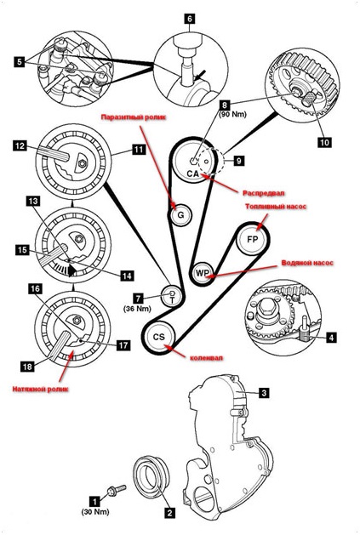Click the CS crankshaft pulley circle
point(159,337)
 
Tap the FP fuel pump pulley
point(253,239)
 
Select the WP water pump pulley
point(203,273)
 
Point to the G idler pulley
point(180,214)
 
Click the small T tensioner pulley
point(172,296)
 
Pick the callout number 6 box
point(190,19)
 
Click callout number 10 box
point(324,141)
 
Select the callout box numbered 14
point(127,276)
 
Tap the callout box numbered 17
point(123,345)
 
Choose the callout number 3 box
point(263,393)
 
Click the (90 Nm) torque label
point(232,115)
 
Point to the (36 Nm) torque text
point(137,309)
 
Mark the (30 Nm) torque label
point(95,512)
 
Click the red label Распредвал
point(263,193)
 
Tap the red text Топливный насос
point(276,207)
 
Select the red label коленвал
point(206,358)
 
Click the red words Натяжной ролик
point(40,389)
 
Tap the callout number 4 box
point(330,338)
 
